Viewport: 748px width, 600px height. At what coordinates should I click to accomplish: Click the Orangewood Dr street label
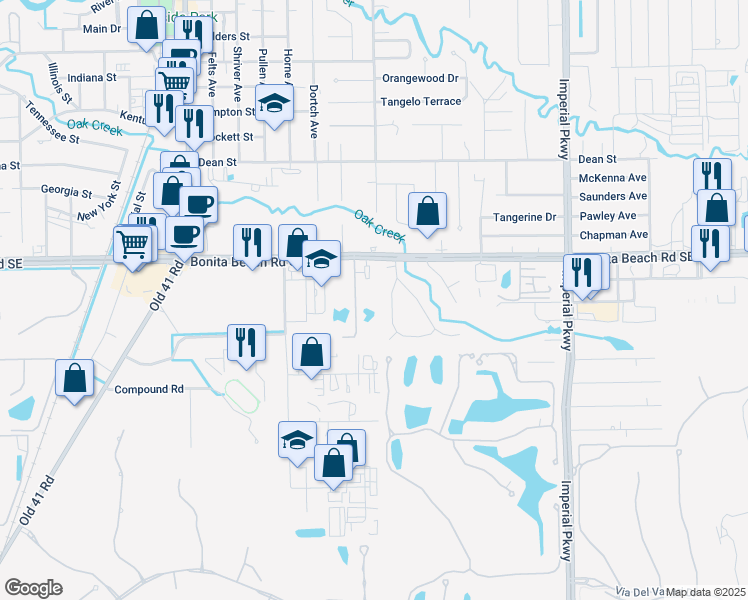pos(420,78)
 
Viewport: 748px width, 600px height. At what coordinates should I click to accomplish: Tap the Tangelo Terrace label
pos(421,101)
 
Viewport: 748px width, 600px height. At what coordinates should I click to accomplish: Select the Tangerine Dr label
pos(525,217)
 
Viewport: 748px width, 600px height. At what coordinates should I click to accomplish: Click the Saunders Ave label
pos(613,196)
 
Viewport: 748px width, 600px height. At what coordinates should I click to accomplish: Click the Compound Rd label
pos(150,389)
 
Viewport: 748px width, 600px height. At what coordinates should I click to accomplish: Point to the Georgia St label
pos(66,190)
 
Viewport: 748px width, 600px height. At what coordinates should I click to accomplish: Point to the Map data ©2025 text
pos(706,592)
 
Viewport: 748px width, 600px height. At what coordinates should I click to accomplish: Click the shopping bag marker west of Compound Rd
pos(74,378)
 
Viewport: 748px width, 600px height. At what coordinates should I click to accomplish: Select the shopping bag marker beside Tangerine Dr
pos(427,211)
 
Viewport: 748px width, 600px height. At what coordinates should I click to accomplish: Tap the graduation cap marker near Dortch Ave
pos(273,104)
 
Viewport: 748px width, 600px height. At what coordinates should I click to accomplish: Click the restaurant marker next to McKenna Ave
pos(711,176)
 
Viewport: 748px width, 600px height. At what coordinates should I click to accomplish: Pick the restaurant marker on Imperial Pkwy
pos(582,272)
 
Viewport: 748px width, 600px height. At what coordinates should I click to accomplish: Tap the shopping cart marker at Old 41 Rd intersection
pos(134,242)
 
